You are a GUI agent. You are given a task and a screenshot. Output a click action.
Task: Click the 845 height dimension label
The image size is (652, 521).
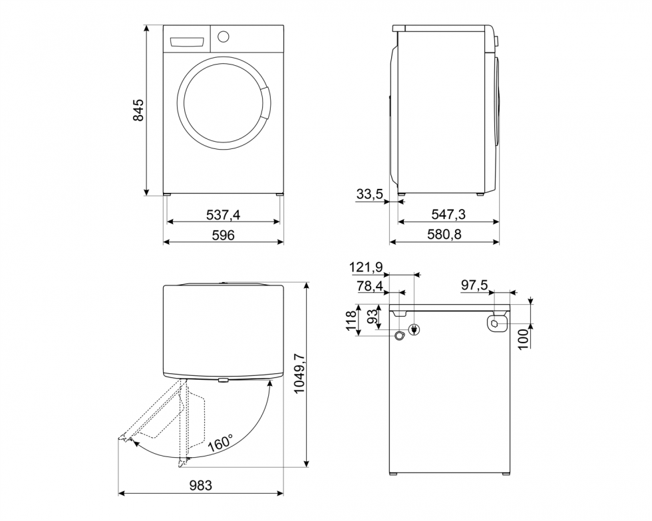click(138, 110)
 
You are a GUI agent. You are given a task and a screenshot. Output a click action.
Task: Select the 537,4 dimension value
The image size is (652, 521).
click(223, 214)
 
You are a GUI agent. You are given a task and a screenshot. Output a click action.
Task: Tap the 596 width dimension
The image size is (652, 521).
click(223, 235)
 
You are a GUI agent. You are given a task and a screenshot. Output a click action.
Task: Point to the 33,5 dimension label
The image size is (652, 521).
click(369, 194)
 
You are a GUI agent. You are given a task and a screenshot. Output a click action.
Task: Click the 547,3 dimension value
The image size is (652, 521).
click(448, 214)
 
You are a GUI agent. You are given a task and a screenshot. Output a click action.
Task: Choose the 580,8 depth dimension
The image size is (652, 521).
click(444, 235)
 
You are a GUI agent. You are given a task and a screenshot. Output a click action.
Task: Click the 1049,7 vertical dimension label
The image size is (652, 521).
click(299, 374)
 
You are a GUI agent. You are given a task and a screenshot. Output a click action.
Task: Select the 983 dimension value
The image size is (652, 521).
click(200, 486)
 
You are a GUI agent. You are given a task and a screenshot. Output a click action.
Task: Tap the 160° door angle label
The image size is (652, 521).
click(220, 443)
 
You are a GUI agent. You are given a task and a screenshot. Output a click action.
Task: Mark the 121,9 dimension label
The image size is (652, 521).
click(366, 267)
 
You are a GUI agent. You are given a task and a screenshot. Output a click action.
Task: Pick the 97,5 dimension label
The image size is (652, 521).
click(474, 285)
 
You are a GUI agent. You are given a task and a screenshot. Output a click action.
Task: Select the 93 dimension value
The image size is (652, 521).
click(375, 315)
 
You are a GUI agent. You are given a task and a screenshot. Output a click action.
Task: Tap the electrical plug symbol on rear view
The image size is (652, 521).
click(414, 329)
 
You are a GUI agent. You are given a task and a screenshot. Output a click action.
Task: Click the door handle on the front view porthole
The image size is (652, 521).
click(265, 102)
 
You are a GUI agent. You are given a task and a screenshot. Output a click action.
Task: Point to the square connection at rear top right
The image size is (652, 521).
click(495, 323)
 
